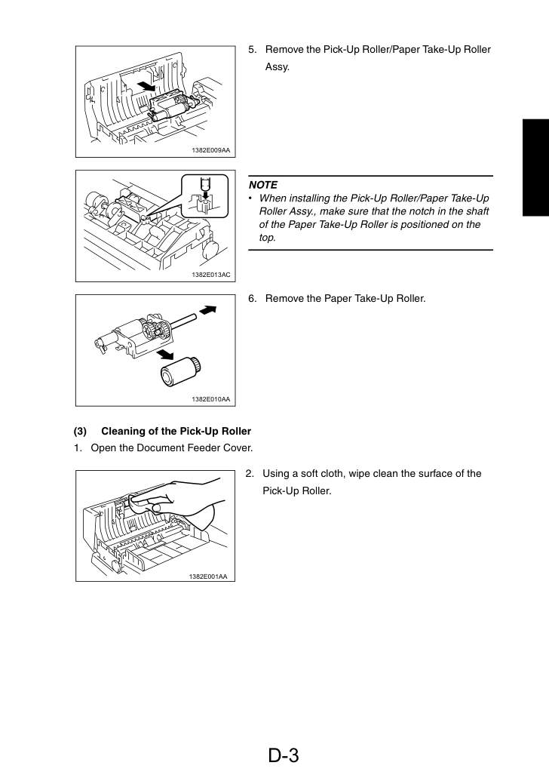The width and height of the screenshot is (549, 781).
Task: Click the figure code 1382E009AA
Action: pos(211,150)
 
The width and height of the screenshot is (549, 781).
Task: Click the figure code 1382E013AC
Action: pos(211,275)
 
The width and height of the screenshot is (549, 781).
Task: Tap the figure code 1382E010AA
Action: pos(211,399)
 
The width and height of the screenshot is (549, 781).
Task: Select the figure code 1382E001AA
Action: pos(208,577)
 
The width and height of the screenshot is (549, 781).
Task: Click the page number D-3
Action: pos(284,755)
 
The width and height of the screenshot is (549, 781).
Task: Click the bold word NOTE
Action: pos(263,185)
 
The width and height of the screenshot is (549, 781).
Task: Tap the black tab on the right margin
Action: pos(535,168)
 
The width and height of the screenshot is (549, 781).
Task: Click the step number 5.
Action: pos(253,50)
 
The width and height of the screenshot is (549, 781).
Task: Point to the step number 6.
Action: pos(253,298)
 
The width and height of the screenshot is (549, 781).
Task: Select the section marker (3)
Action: pos(80,432)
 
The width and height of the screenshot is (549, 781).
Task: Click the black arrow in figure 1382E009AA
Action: pos(146,85)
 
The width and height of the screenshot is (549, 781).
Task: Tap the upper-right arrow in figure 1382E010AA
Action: pos(208,310)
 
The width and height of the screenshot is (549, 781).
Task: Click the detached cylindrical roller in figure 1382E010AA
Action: pos(180,372)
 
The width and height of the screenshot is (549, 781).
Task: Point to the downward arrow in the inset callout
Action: pos(204,184)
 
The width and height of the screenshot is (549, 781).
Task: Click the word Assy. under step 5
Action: pos(278,67)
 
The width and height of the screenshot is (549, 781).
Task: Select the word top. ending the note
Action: pos(267,238)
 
